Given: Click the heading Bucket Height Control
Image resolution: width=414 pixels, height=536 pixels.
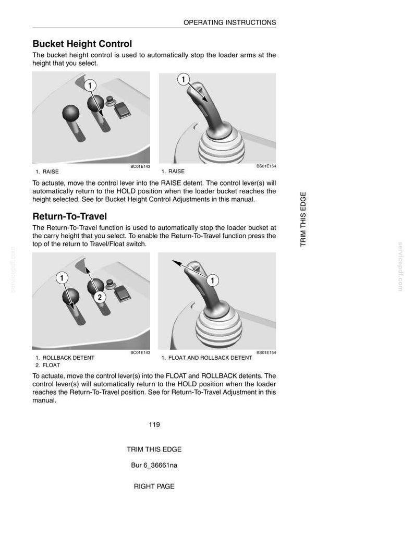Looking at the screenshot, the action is [82, 44].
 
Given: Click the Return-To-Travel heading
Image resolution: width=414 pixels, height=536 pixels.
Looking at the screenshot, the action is [70, 216].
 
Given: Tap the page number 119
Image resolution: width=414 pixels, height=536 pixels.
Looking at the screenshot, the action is [154, 424].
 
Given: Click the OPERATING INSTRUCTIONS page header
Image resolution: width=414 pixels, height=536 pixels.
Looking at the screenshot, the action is [230, 22].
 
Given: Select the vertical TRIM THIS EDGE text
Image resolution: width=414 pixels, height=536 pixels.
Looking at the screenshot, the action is [303, 219].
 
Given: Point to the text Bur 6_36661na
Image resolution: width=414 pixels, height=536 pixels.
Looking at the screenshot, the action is [154, 465].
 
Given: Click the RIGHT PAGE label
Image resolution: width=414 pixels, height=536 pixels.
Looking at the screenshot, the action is [154, 486].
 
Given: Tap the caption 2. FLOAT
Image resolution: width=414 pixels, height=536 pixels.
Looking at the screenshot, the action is [48, 365].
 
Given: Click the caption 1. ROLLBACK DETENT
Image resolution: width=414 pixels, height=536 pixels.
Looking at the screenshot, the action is [65, 358].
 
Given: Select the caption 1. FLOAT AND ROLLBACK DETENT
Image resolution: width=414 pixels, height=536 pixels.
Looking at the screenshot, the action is [207, 358].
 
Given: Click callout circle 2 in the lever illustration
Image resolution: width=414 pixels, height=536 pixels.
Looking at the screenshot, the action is [100, 297].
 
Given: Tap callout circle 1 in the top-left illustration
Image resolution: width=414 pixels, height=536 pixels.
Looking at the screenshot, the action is [90, 86].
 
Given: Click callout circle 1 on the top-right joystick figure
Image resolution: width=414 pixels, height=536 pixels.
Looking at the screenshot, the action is [183, 80].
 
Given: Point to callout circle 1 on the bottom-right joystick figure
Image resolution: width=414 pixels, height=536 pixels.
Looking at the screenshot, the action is [213, 281].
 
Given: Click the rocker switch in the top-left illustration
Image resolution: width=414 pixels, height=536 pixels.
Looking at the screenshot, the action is [121, 110].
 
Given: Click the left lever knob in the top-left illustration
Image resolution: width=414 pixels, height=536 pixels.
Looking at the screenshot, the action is [71, 113].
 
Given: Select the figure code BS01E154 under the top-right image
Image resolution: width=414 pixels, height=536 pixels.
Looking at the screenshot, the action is [266, 166].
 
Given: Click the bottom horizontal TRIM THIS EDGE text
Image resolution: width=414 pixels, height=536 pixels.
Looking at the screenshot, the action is [154, 449].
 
